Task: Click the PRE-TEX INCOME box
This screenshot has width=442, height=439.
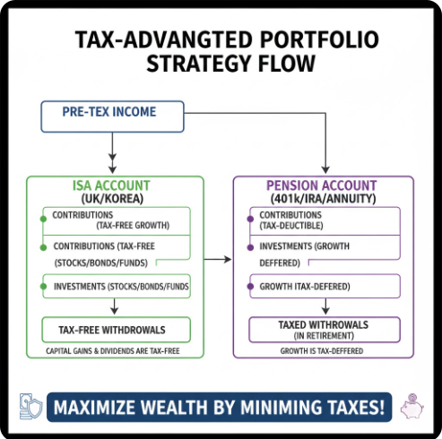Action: (112, 116)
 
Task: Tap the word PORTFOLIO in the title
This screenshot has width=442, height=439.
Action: (319, 39)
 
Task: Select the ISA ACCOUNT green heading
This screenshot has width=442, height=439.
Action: (111, 185)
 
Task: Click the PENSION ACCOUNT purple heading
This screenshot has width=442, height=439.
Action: (322, 185)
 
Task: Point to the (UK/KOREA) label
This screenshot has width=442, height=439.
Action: (112, 199)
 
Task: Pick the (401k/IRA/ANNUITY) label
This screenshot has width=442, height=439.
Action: (323, 199)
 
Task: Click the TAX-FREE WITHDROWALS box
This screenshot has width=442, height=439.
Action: (117, 330)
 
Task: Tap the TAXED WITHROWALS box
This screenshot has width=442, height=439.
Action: (325, 330)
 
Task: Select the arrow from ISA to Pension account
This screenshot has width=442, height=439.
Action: (218, 259)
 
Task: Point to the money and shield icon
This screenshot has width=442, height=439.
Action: (30, 406)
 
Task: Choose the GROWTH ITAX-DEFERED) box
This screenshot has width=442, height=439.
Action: (325, 286)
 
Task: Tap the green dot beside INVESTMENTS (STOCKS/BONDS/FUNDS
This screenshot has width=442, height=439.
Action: (43, 287)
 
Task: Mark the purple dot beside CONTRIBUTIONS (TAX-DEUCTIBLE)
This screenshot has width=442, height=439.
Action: (250, 219)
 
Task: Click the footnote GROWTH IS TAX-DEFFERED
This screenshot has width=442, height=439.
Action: (322, 351)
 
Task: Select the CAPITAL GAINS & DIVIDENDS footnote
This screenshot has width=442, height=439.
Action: (113, 351)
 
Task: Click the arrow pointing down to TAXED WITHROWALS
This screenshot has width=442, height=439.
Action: (325, 306)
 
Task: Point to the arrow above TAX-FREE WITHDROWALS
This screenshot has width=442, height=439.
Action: (114, 306)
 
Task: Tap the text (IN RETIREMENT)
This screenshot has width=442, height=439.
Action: (324, 336)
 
